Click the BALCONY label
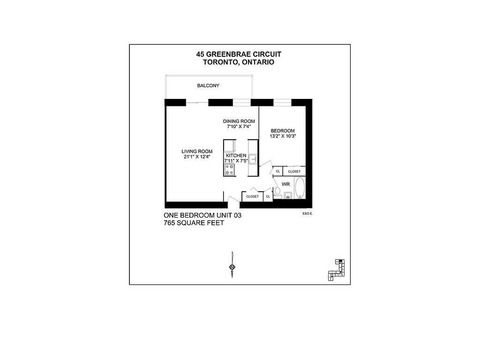pos(208,86)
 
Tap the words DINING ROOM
pos(239,121)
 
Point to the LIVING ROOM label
pos(197,151)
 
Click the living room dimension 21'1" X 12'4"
pos(197,157)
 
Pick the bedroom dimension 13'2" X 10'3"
pos(283,136)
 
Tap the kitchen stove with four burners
pos(230,169)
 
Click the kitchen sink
pos(253,158)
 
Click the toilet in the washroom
pos(277,191)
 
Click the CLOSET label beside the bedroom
pos(294,172)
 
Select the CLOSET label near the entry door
pos(252,196)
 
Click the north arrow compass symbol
pos(232,267)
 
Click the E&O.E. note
pos(307,213)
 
